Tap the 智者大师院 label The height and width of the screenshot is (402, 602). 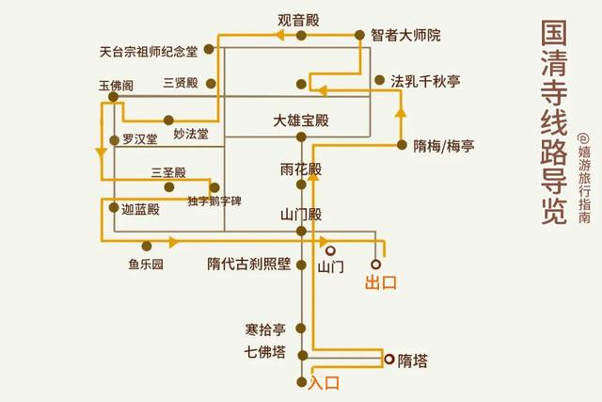405,36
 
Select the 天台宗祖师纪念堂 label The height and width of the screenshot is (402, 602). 159,52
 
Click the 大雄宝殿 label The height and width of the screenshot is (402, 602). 301,121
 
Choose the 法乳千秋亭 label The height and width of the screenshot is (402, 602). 425,82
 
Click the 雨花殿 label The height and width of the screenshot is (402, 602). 300,169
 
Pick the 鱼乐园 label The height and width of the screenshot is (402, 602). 147,265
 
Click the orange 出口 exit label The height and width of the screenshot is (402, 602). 382,282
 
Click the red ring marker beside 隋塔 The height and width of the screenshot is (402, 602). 388,359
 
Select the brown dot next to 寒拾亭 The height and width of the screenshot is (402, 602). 300,329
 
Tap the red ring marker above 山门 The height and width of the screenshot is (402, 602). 330,250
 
